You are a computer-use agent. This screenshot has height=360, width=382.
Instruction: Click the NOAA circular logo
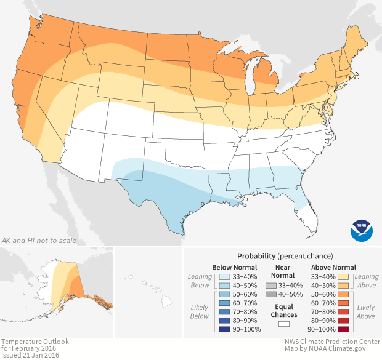(362, 229)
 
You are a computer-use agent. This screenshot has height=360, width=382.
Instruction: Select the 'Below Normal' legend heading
(234, 267)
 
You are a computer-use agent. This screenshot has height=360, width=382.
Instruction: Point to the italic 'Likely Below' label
(200, 312)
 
